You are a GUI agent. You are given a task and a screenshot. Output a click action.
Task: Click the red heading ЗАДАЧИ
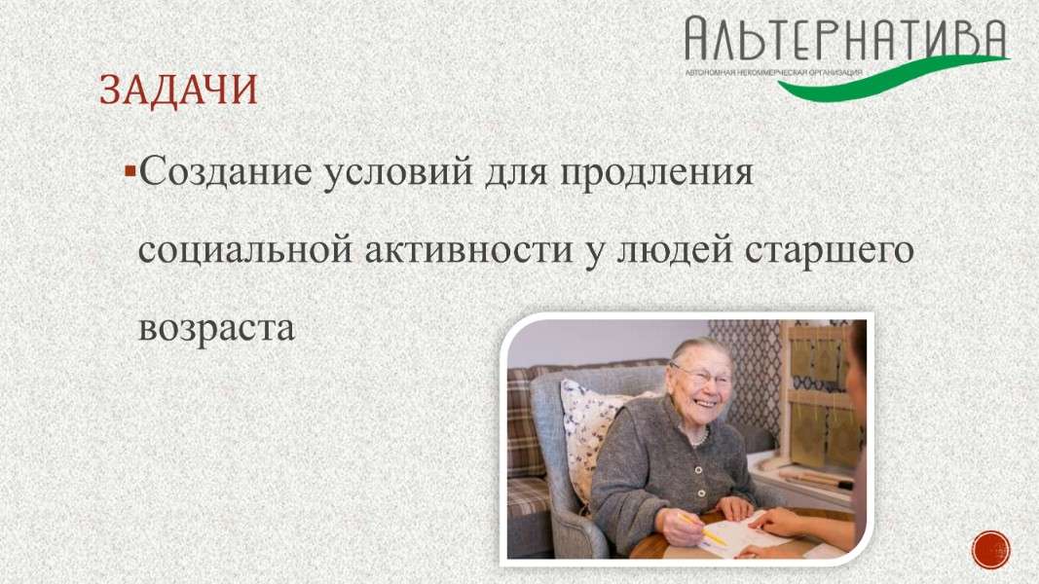point(178,91)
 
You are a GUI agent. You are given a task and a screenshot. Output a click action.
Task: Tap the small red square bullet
point(130,172)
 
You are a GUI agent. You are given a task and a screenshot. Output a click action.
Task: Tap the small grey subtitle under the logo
point(773,71)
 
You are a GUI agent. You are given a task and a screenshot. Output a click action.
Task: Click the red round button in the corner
point(990,550)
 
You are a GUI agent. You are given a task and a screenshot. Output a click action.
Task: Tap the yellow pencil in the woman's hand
point(702,529)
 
